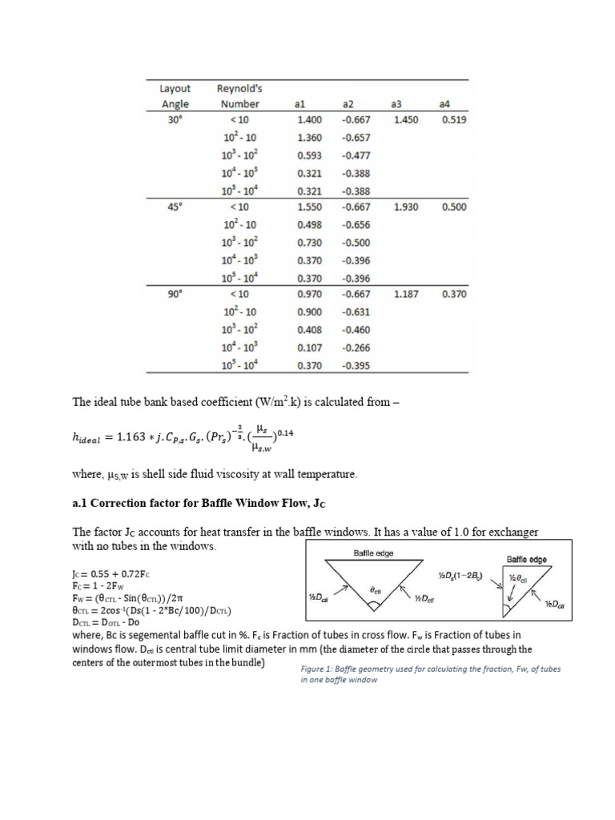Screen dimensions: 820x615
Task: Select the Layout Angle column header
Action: pyautogui.click(x=175, y=96)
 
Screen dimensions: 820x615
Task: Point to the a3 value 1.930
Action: pyautogui.click(x=406, y=207)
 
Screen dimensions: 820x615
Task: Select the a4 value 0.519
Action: pyautogui.click(x=454, y=120)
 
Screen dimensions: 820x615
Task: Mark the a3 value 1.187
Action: pyautogui.click(x=406, y=295)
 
